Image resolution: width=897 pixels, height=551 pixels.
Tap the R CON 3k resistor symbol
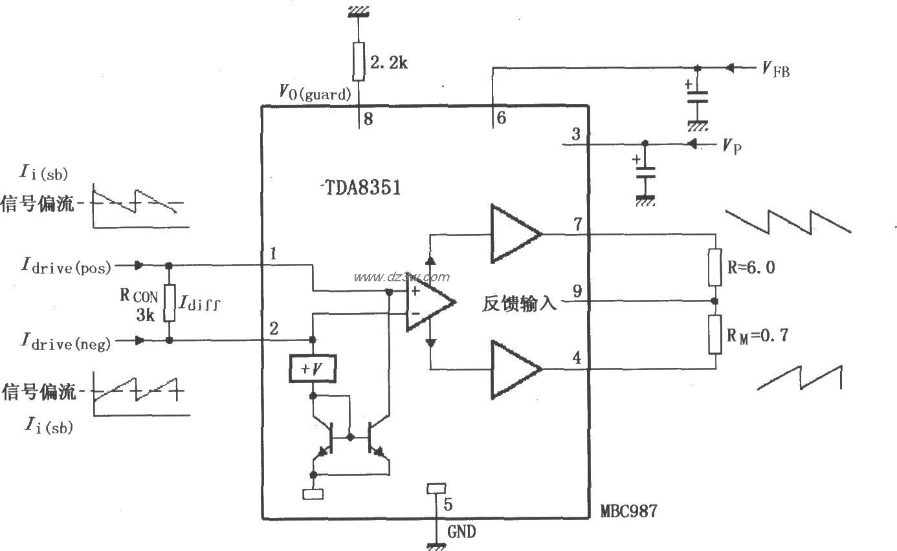coord(170,303)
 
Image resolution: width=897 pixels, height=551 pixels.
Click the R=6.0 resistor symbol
coord(714,266)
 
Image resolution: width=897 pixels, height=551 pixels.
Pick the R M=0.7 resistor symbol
coord(714,334)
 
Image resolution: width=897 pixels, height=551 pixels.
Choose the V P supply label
coord(732,147)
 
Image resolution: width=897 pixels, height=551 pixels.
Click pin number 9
coord(577,291)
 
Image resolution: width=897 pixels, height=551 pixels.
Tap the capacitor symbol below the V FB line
coord(697,98)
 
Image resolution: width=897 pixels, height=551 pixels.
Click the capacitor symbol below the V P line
coord(645,172)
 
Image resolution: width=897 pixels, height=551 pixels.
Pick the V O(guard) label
coord(315,92)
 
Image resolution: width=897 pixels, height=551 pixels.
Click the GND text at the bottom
coord(461,532)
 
